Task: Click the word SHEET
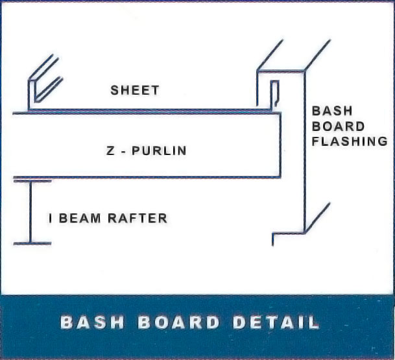[134, 90]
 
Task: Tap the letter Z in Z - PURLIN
[110, 151]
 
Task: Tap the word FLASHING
[350, 141]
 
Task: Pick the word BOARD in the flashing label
[339, 126]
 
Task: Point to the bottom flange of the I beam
[31, 244]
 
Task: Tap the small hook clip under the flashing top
[275, 91]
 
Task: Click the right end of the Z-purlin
[280, 144]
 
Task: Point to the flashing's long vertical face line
[304, 149]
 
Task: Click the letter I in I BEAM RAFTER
[51, 219]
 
